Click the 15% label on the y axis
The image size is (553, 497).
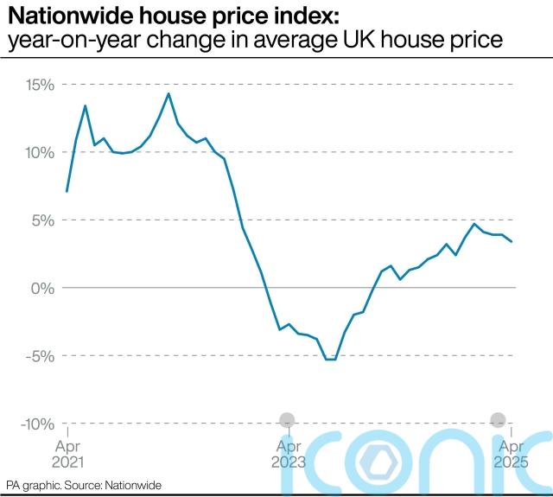click(x=39, y=85)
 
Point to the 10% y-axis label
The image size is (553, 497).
click(x=39, y=152)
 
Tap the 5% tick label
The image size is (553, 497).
click(x=42, y=220)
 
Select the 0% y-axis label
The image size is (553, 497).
click(x=42, y=288)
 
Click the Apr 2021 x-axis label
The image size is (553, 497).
click(x=67, y=454)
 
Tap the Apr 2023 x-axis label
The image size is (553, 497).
click(x=289, y=454)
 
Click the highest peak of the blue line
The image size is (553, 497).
click(x=168, y=93)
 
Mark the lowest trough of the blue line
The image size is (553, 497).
click(x=330, y=359)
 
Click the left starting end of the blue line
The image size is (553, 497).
click(x=67, y=191)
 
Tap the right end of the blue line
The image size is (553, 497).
click(x=512, y=242)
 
